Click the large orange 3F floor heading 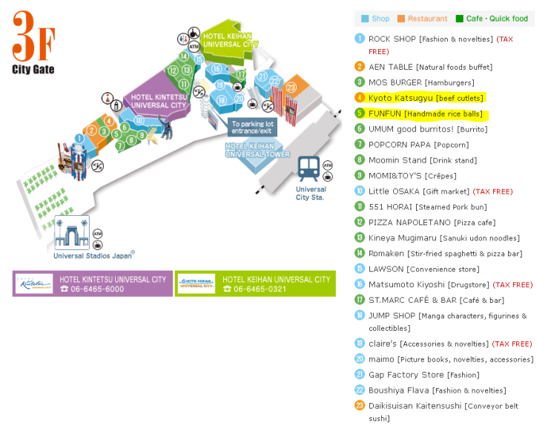pos(33,37)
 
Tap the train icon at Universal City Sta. pos(309,168)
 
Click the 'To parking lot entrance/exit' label pos(251,128)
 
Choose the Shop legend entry pos(375,19)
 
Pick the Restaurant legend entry pos(423,19)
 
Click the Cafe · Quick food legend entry pos(492,19)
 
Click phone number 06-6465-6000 pos(93,289)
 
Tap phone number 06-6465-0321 pos(256,289)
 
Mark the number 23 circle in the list pos(360,406)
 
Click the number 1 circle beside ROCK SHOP pos(360,39)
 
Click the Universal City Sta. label pos(311,193)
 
